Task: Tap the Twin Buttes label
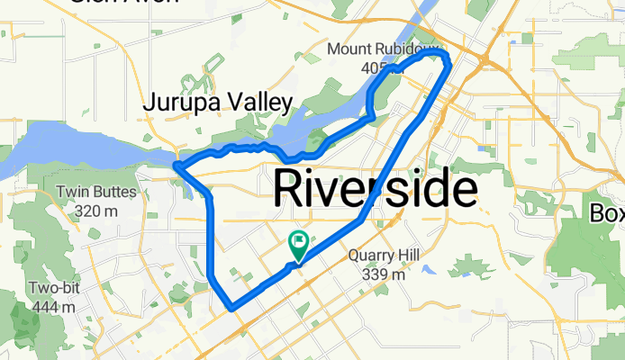[95, 192]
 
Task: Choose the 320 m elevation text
[96, 210]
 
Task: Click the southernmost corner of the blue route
[232, 308]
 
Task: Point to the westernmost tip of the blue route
[176, 165]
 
